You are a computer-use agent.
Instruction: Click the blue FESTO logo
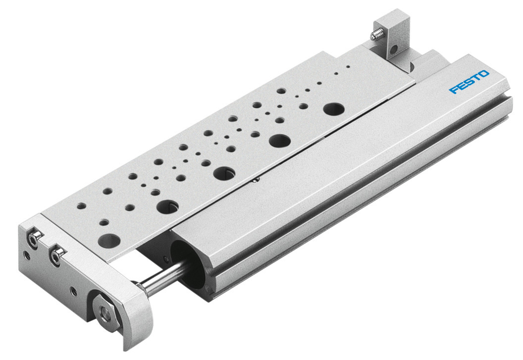pyautogui.click(x=469, y=82)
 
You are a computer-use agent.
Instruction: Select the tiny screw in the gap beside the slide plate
pyautogui.click(x=255, y=180)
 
